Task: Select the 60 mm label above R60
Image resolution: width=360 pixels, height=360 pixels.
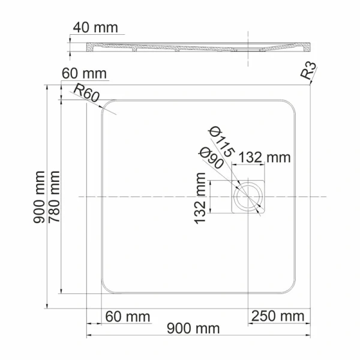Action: tap(84, 74)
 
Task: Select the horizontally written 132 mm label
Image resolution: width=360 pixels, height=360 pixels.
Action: tap(265, 158)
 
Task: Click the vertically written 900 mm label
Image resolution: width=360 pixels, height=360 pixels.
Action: tap(40, 197)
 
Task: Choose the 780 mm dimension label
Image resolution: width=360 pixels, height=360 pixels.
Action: tap(55, 197)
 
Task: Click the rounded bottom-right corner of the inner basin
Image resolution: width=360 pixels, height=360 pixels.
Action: tap(290, 288)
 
